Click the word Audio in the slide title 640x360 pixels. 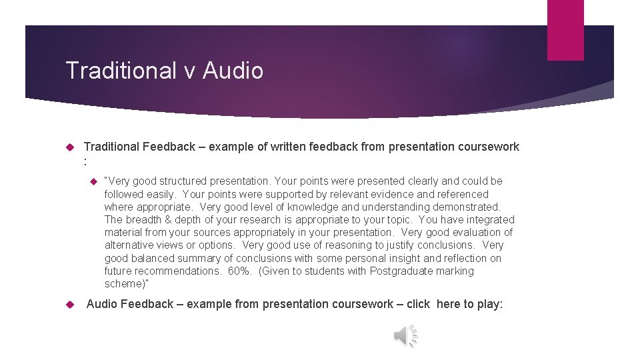(233, 71)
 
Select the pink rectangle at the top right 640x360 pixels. (565, 30)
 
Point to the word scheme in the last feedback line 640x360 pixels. (123, 284)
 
